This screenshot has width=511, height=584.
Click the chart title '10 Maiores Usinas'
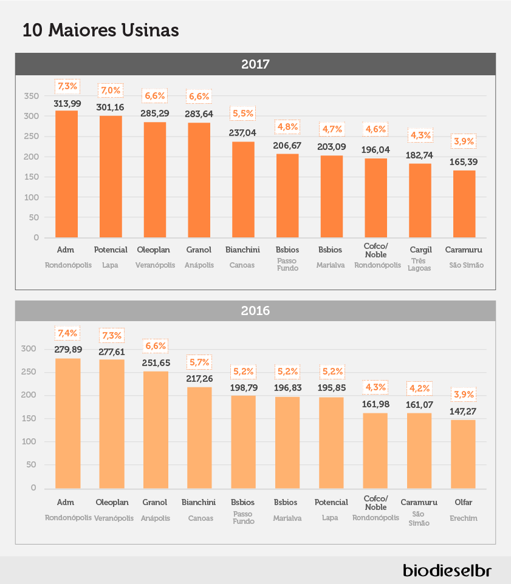[x=101, y=30]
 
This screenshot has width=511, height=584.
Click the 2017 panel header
[x=255, y=64]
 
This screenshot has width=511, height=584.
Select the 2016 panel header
[x=255, y=311]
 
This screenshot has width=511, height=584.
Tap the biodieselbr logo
[x=447, y=570]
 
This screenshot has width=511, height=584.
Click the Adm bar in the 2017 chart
[x=67, y=174]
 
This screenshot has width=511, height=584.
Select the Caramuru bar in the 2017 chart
[x=464, y=204]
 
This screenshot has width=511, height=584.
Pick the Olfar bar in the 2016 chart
[x=463, y=454]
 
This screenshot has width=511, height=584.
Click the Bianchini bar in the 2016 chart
[x=199, y=438]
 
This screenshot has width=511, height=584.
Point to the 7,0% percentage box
[x=111, y=90]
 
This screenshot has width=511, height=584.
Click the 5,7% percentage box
[x=199, y=362]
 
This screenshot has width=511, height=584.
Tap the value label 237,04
[x=242, y=132]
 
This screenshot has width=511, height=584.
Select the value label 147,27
[x=463, y=411]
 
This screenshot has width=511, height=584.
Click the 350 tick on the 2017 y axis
[x=32, y=96]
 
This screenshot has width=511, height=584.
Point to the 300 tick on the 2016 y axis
[x=29, y=348]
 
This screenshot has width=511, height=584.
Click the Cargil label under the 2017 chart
[x=421, y=250]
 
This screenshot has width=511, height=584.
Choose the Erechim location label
[x=463, y=518]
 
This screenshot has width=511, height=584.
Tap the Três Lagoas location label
[x=419, y=265]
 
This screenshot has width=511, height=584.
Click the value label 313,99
[x=67, y=104]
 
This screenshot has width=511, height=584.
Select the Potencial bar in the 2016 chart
[x=331, y=443]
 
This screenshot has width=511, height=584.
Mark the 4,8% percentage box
[x=287, y=127]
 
